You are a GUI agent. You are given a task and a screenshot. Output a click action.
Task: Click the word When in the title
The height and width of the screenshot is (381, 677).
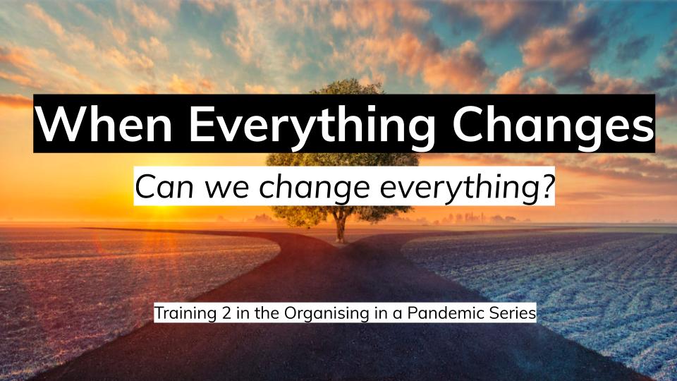pos(104,123)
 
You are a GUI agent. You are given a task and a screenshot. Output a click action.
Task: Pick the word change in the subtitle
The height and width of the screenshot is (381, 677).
pos(315,189)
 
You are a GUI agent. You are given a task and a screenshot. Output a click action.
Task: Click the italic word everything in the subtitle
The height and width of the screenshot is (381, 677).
pos(456,189)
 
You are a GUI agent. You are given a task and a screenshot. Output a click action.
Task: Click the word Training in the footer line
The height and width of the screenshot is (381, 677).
pos(185,313)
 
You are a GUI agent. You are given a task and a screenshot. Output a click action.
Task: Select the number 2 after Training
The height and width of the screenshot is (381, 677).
pos(227,313)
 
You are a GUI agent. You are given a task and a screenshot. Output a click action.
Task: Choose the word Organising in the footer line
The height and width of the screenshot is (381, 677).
pos(327,313)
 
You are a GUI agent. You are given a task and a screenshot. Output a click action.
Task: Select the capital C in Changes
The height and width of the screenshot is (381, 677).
pos(467,123)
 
